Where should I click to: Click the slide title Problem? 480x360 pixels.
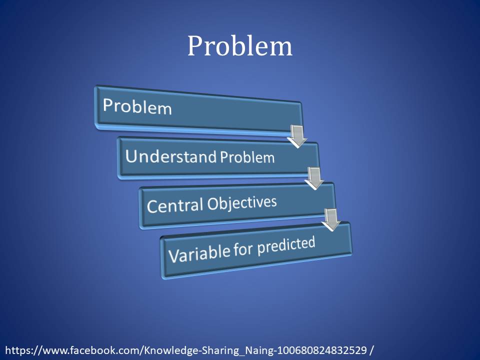click(x=239, y=46)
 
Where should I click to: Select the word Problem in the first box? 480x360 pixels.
click(x=137, y=106)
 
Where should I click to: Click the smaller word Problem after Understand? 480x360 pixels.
click(x=247, y=157)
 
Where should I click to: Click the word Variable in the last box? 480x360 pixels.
click(x=198, y=252)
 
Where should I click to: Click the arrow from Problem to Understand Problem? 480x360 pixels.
click(x=297, y=136)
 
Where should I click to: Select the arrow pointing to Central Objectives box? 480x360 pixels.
click(x=314, y=178)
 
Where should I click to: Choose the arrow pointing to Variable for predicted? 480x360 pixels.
click(x=331, y=219)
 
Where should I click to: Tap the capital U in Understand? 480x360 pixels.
click(x=131, y=156)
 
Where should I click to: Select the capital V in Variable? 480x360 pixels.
click(x=173, y=255)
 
